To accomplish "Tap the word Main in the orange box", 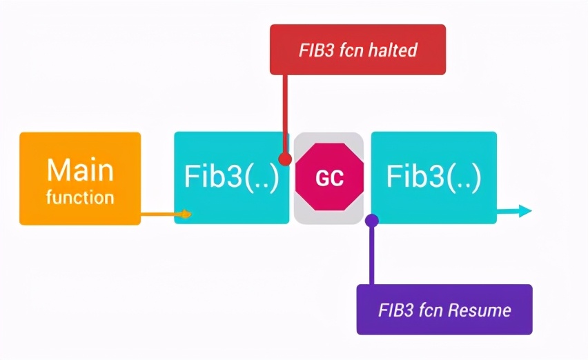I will point(79,170).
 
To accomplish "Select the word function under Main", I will point(80,198).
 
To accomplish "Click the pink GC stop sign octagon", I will point(329,178).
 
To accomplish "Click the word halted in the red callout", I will point(393,50).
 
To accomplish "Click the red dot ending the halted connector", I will point(284,158).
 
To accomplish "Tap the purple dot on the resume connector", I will point(372,221).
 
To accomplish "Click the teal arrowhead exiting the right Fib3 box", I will point(525,211).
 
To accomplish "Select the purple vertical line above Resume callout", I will point(372,255).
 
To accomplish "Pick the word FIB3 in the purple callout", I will point(394,310).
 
